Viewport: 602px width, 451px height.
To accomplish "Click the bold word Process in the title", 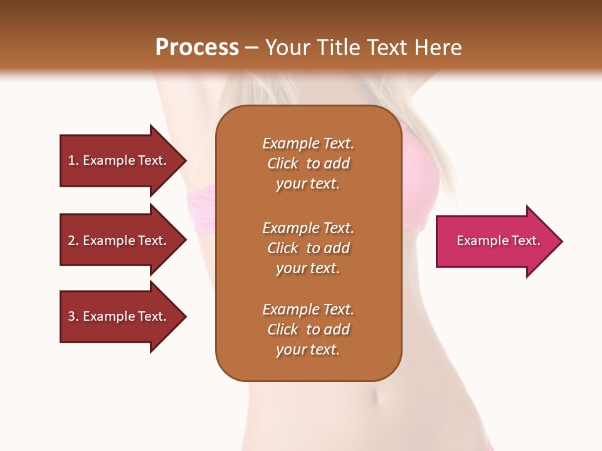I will pos(197,48).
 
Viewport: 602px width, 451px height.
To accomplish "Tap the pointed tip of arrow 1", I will pos(185,160).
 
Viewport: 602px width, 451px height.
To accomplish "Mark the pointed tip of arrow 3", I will pos(185,316).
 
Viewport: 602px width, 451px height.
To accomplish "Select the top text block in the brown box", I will pos(308,163).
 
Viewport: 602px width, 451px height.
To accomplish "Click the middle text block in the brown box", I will pos(308,248).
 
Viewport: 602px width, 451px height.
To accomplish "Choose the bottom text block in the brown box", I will pos(308,329).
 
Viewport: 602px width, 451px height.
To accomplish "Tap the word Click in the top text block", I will pos(283,163).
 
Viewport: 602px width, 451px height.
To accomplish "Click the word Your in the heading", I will pos(287,48).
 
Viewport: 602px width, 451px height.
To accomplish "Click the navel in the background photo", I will pos(375,397).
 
